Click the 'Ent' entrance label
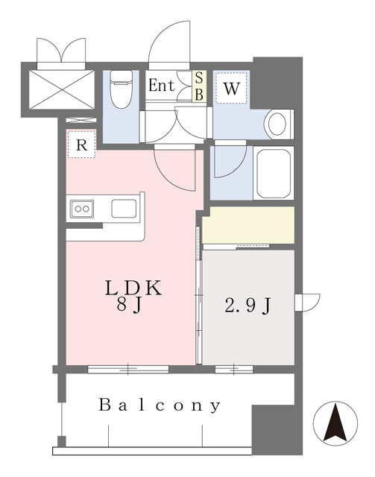[x=161, y=86]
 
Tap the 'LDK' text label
[x=133, y=288]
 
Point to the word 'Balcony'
[x=161, y=406]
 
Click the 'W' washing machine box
[x=232, y=89]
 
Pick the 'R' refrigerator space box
[x=81, y=145]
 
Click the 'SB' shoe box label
[x=199, y=86]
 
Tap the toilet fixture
[x=119, y=92]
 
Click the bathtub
[x=274, y=173]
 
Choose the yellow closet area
[x=248, y=224]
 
